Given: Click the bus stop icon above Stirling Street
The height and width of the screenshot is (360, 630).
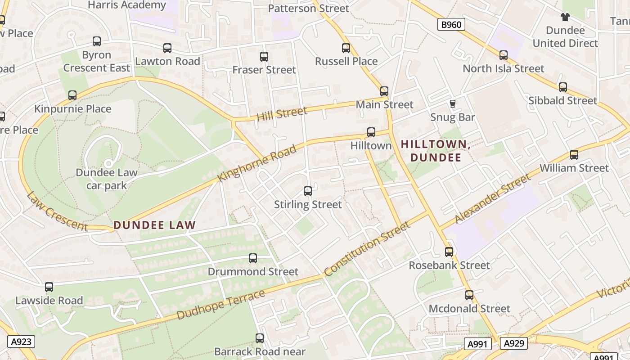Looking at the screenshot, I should click(x=308, y=191).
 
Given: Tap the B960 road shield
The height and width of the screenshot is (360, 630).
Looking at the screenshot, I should click(x=451, y=24).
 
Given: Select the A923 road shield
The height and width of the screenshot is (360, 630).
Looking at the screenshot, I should click(x=21, y=342).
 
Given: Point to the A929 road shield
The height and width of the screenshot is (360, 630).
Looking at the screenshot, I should click(x=513, y=343).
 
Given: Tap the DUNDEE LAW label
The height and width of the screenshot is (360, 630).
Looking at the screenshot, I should click(x=154, y=225).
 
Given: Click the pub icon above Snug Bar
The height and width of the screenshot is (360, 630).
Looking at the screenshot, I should click(x=453, y=104).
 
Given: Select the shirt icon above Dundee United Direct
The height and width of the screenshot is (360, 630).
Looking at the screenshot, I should click(x=565, y=17).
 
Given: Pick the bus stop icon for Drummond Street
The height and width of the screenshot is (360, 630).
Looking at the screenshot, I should click(x=253, y=258).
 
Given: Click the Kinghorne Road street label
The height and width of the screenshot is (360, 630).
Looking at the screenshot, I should click(x=257, y=163).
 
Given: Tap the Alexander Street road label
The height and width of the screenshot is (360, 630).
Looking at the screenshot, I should click(x=492, y=199).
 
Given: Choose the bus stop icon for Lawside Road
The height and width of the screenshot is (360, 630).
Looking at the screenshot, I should click(x=49, y=287).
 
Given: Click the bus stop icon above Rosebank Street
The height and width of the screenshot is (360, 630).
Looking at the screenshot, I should click(x=449, y=252).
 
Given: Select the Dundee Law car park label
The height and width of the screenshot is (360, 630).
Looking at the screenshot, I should click(x=107, y=179).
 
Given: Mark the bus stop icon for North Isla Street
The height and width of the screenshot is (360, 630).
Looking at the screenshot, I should click(x=504, y=55).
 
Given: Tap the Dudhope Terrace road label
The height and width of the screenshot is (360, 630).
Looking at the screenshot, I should click(x=221, y=305).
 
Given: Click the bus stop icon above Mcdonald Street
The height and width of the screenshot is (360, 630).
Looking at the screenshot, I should click(x=469, y=295).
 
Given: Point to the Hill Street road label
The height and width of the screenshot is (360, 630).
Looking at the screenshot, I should click(x=282, y=113).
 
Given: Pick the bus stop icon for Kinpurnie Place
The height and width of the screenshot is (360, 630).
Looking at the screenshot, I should click(x=72, y=95).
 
